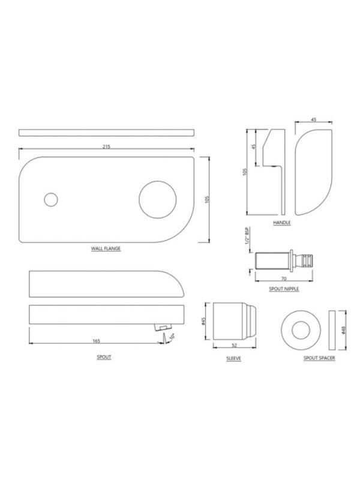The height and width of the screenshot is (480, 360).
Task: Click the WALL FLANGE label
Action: pyautogui.click(x=106, y=248)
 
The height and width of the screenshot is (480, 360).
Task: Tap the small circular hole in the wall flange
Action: pyautogui.click(x=51, y=200)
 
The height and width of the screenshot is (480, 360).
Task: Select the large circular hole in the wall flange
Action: pyautogui.click(x=158, y=200)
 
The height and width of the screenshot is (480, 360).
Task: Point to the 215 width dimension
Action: pyautogui.click(x=106, y=146)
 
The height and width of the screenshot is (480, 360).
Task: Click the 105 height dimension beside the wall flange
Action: pyautogui.click(x=207, y=200)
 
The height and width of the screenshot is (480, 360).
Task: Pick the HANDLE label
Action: pyautogui.click(x=281, y=223)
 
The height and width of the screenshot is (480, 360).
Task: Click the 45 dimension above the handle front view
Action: pyautogui.click(x=313, y=119)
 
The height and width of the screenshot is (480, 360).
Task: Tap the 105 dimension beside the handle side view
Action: pyautogui.click(x=245, y=172)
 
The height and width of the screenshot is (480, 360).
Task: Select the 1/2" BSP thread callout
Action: pyautogui.click(x=248, y=236)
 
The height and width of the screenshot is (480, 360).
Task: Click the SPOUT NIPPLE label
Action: pyautogui.click(x=284, y=289)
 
